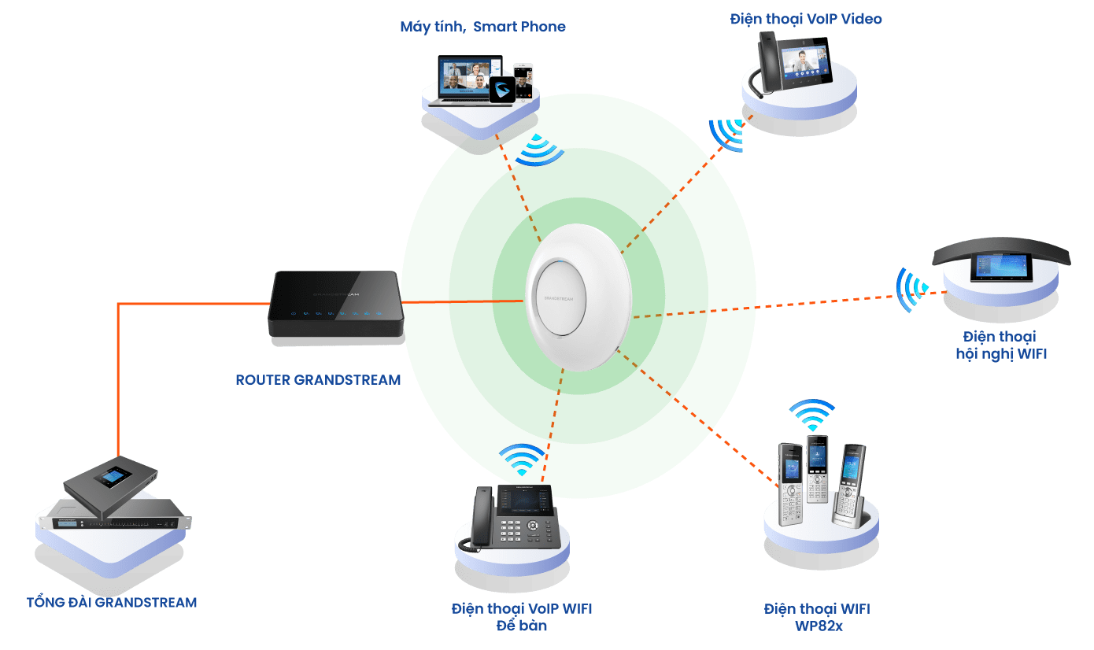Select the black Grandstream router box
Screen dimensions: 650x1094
[336, 307]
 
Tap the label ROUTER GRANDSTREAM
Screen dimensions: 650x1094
[318, 380]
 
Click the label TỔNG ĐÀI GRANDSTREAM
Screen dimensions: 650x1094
[112, 603]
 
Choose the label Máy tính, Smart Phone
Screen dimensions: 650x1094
[482, 27]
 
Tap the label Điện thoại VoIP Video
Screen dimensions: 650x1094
[806, 18]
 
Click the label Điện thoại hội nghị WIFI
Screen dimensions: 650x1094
[1000, 345]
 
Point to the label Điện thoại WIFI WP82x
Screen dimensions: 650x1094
[817, 616]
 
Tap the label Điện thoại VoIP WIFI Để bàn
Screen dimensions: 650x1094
[522, 617]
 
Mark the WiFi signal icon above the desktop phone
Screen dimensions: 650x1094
[521, 460]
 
